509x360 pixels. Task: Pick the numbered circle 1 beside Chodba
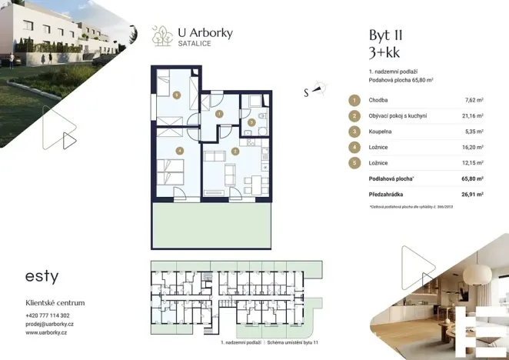pyautogui.click(x=354, y=100)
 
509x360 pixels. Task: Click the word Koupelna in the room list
pyautogui.click(x=383, y=132)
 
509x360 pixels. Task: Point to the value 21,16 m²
pyautogui.click(x=474, y=116)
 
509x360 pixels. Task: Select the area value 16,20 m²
pyautogui.click(x=474, y=148)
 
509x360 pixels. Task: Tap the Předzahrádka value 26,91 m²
pyautogui.click(x=472, y=195)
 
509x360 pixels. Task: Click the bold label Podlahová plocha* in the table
pyautogui.click(x=391, y=178)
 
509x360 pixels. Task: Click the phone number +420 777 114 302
pyautogui.click(x=48, y=315)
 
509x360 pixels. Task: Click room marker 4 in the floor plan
pyautogui.click(x=178, y=151)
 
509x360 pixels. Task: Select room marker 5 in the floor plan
pyautogui.click(x=177, y=95)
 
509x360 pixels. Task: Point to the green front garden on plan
pyautogui.click(x=211, y=226)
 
